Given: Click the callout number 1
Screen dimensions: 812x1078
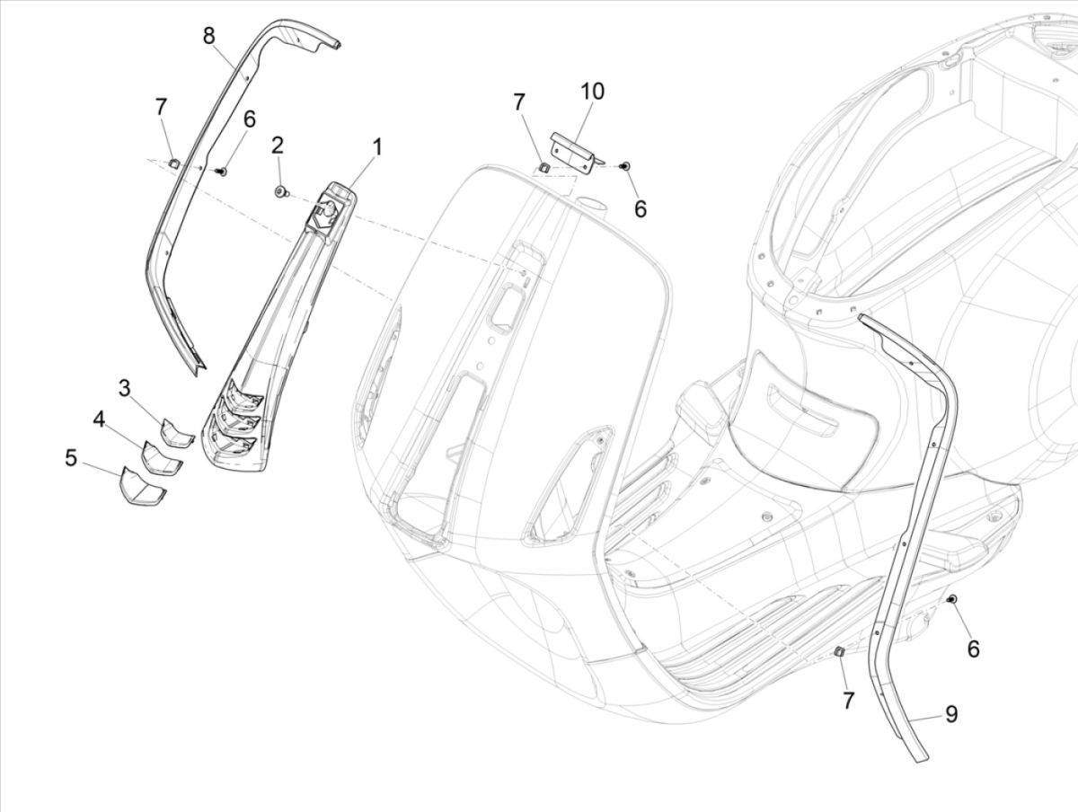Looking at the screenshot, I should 377,146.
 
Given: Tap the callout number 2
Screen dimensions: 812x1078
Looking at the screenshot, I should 278,145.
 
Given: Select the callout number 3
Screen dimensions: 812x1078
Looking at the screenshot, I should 124,388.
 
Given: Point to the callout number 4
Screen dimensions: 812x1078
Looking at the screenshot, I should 97,419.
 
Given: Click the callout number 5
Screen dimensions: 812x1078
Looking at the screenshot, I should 71,458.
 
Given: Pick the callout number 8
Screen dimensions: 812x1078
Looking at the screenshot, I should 208,36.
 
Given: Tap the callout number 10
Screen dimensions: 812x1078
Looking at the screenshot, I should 592,91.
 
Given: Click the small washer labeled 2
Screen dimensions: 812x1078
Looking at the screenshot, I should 281,190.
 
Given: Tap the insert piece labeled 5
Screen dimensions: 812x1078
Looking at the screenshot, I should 138,488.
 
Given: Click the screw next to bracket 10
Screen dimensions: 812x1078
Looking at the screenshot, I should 626,166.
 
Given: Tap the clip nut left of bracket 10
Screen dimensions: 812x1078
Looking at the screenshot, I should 543,164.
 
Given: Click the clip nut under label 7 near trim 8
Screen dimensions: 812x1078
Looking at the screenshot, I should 174,163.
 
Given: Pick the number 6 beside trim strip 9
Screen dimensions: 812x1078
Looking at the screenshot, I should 973,649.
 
